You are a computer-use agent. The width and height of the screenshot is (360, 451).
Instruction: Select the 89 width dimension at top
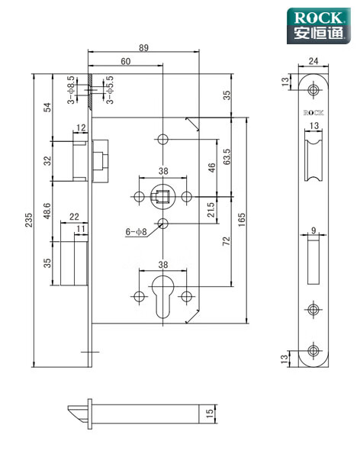coord(144,47)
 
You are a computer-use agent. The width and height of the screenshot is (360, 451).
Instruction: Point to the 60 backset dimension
coord(125,62)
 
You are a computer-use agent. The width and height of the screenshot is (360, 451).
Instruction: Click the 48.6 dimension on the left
coord(47,211)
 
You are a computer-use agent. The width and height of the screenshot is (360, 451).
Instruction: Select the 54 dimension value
coord(47,107)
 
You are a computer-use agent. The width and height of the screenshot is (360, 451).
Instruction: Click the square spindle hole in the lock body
coord(162,198)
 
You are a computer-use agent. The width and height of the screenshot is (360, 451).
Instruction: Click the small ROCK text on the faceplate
coord(313,112)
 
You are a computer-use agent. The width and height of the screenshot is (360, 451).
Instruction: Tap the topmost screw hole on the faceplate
coord(313,91)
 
